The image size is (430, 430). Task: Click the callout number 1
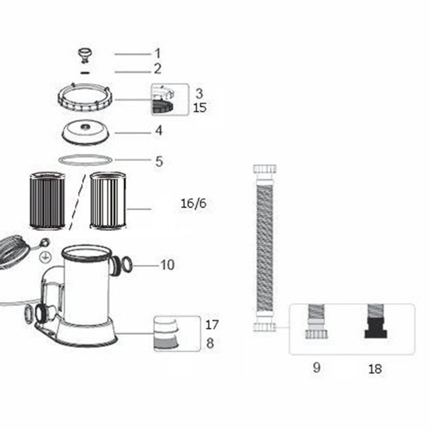(x=157, y=54)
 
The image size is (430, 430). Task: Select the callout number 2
(x=157, y=69)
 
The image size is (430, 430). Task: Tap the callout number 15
(x=200, y=108)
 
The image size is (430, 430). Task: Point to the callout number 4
(x=159, y=131)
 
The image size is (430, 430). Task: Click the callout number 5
(x=159, y=161)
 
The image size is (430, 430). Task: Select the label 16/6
(x=193, y=204)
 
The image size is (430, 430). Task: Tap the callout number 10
(x=167, y=265)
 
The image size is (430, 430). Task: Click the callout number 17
(x=212, y=325)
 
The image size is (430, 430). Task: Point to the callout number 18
(x=375, y=369)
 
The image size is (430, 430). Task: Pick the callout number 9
(x=317, y=368)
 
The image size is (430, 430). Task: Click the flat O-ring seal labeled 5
(x=85, y=159)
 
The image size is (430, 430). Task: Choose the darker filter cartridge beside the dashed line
(x=47, y=201)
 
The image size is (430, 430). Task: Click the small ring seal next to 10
(x=127, y=265)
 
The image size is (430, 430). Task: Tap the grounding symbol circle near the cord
(x=44, y=257)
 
